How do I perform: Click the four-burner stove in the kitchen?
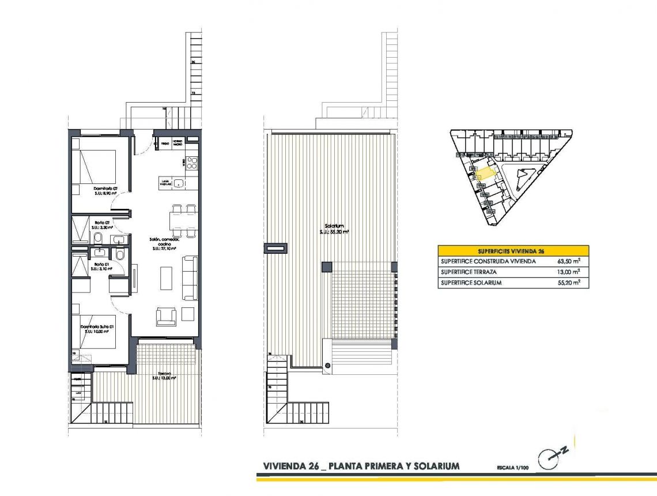point(191,163)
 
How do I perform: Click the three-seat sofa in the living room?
point(190,278)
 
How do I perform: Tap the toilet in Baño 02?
point(98,238)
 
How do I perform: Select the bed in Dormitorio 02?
point(95,166)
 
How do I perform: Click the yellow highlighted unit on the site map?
point(485,171)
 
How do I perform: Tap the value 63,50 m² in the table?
point(569,261)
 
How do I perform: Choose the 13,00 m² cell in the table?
point(569,272)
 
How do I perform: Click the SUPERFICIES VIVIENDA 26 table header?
point(513,251)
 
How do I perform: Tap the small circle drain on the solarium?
point(327,365)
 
